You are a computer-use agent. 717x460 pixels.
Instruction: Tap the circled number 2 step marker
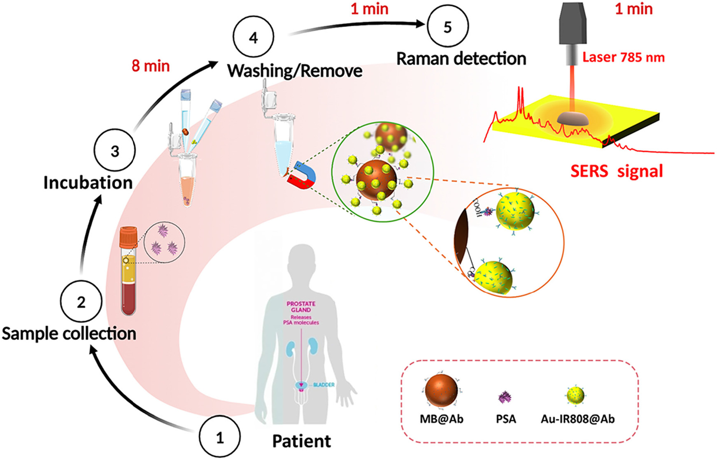(81, 302)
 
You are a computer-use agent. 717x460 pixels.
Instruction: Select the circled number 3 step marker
(115, 151)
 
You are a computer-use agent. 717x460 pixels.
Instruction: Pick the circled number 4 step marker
(253, 37)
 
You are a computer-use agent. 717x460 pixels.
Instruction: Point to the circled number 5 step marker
(448, 27)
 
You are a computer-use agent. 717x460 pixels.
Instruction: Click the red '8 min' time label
(151, 66)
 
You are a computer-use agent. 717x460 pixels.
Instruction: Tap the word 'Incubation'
(88, 183)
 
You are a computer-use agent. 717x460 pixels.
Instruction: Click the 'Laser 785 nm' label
(623, 57)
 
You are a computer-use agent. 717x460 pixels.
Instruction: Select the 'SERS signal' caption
(617, 171)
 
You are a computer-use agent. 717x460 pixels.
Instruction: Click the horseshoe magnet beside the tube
(304, 176)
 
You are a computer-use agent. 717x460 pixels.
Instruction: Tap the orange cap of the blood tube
(128, 238)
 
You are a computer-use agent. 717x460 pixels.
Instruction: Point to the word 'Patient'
(301, 441)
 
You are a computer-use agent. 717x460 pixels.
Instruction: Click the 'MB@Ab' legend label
(441, 419)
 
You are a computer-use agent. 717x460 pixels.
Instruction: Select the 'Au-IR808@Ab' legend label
(577, 419)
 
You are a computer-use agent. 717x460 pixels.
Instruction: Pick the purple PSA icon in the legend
(505, 397)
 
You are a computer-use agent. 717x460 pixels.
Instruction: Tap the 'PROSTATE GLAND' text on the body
(301, 307)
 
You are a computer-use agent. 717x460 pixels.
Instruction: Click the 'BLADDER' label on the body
(324, 385)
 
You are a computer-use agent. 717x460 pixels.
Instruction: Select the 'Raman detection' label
(461, 59)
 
